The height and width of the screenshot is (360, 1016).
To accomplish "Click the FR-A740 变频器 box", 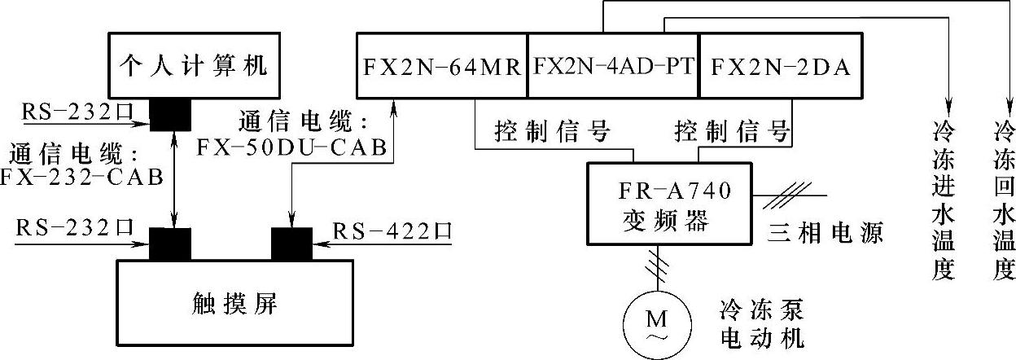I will click(x=671, y=202).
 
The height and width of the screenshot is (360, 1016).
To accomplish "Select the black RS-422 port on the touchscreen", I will click(x=291, y=243).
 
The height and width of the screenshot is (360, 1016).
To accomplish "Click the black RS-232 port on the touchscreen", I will click(x=171, y=243).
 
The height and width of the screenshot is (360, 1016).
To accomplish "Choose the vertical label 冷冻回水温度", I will click(x=1004, y=199).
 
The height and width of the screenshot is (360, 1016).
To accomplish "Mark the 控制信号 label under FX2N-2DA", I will click(x=733, y=130).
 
